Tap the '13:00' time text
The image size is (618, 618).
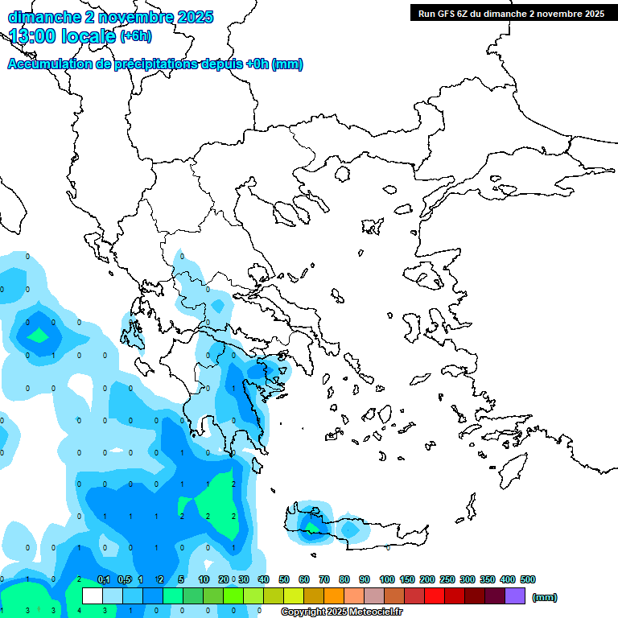[32, 35]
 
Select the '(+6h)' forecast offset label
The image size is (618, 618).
[135, 36]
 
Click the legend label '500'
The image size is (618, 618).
[528, 579]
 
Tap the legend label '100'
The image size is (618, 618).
[387, 579]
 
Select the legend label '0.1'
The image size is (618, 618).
[104, 579]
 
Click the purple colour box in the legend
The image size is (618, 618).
[515, 596]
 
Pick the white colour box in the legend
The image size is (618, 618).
[93, 596]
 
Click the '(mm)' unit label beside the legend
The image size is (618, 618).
[545, 597]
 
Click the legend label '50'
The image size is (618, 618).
[284, 579]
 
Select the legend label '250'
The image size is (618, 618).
[447, 579]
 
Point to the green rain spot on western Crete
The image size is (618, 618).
[310, 528]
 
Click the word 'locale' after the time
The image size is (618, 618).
[88, 35]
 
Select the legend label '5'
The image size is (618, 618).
[182, 579]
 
